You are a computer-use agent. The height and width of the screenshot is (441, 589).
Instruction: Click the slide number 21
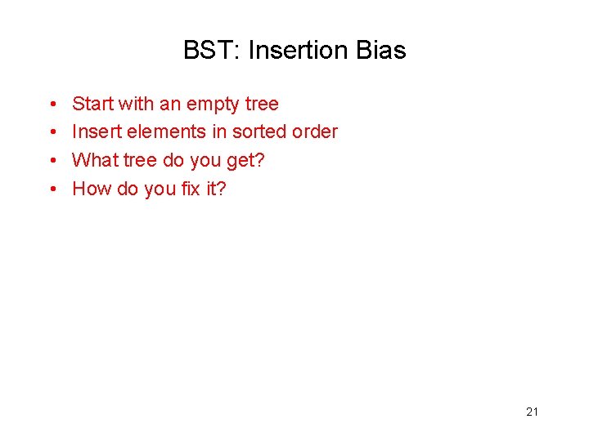532,412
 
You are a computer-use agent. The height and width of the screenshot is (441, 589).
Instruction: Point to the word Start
92,104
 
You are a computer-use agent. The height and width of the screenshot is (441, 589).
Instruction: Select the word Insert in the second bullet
97,131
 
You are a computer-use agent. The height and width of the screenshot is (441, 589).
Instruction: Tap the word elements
163,131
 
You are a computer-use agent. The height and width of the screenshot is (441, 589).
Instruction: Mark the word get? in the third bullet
245,161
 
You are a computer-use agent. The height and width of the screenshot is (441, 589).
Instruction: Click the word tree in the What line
139,160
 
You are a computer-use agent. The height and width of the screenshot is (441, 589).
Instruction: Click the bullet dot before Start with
52,105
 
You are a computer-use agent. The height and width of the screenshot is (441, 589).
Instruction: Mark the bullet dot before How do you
52,189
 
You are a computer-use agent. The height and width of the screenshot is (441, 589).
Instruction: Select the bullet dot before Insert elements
52,132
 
